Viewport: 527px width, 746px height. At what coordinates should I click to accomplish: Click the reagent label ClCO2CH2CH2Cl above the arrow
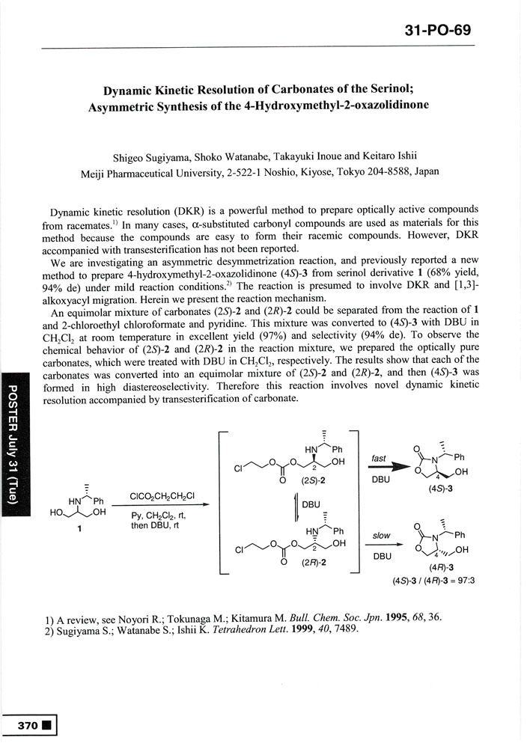tap(162, 495)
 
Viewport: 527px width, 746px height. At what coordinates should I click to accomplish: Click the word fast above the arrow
tap(379, 458)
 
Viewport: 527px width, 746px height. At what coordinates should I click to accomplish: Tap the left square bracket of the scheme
tap(223, 501)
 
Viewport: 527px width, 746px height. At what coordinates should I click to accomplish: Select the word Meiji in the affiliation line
tap(95, 172)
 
